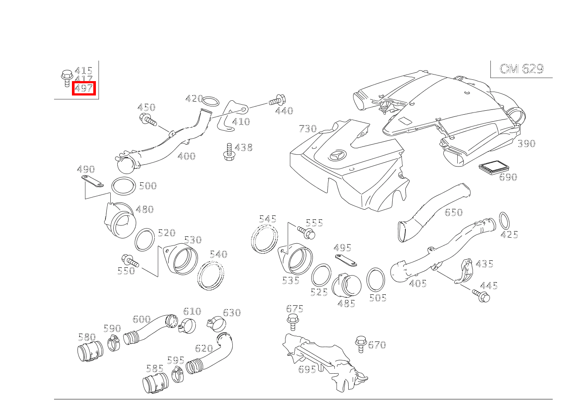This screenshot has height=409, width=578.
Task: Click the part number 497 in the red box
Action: point(84,89)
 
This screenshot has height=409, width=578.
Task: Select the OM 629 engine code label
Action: point(521,69)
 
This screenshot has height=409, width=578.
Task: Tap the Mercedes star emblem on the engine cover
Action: point(338,157)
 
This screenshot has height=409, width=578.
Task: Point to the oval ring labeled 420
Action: point(211,102)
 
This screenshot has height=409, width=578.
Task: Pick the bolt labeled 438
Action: point(228,151)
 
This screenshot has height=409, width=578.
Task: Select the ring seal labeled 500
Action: point(123,186)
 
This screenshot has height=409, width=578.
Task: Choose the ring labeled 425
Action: point(504,221)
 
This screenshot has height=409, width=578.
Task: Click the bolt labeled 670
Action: point(361,344)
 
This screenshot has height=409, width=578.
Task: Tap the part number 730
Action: point(307,129)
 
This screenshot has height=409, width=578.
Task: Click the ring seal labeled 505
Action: point(375,279)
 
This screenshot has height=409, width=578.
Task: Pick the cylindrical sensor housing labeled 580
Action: point(90,352)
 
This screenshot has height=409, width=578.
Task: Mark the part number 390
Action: point(526,143)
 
